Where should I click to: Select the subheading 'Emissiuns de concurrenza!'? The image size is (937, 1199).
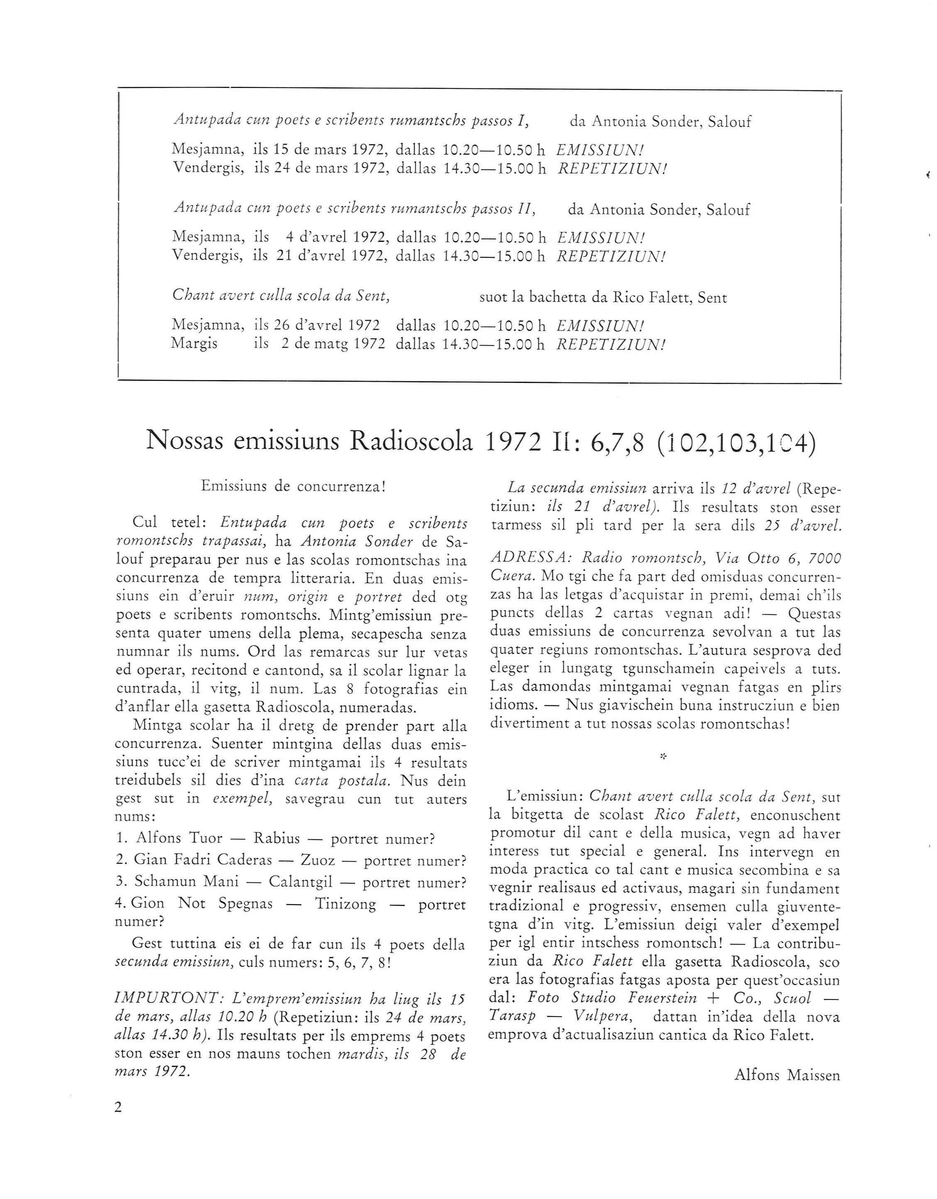click(294, 486)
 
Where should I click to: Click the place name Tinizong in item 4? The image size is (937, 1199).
click(346, 904)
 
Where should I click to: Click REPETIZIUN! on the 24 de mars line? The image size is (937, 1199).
click(612, 168)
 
